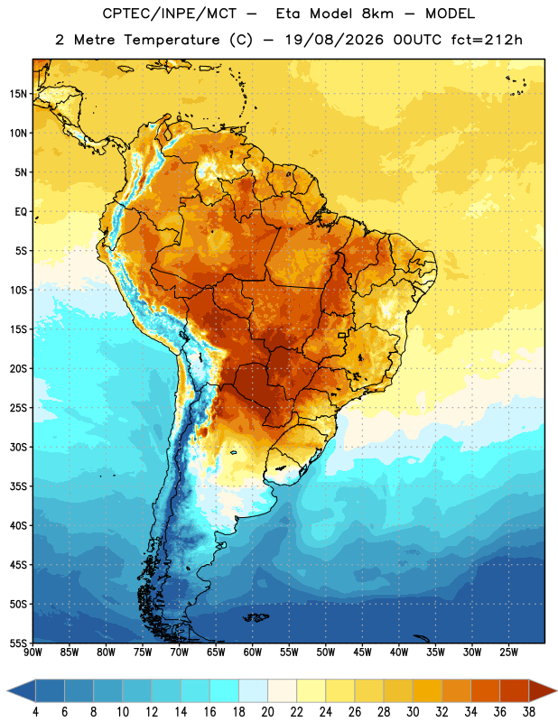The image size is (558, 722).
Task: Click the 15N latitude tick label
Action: (x=18, y=94)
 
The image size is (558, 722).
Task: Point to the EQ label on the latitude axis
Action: (x=21, y=212)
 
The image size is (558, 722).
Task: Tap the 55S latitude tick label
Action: (x=18, y=643)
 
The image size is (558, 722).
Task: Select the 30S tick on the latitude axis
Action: (x=18, y=447)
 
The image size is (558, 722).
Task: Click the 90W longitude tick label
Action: (x=33, y=653)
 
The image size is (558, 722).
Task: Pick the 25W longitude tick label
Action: (x=508, y=653)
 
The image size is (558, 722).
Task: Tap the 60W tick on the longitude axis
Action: (x=253, y=653)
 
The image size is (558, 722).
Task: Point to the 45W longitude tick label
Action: (x=362, y=653)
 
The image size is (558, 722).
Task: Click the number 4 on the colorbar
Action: (x=35, y=712)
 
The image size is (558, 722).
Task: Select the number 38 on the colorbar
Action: (x=529, y=712)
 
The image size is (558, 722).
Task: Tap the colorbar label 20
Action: (x=267, y=712)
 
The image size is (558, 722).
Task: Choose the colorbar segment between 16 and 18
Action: (x=224, y=691)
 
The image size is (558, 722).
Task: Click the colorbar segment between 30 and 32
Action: (x=427, y=691)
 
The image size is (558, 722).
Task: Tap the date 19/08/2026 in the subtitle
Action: (x=334, y=40)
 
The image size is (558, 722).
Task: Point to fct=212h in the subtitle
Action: (x=487, y=40)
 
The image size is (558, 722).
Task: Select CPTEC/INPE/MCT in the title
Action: (x=170, y=14)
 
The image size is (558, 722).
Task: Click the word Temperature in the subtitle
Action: (x=172, y=40)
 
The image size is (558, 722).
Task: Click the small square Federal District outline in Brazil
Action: (x=342, y=335)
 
